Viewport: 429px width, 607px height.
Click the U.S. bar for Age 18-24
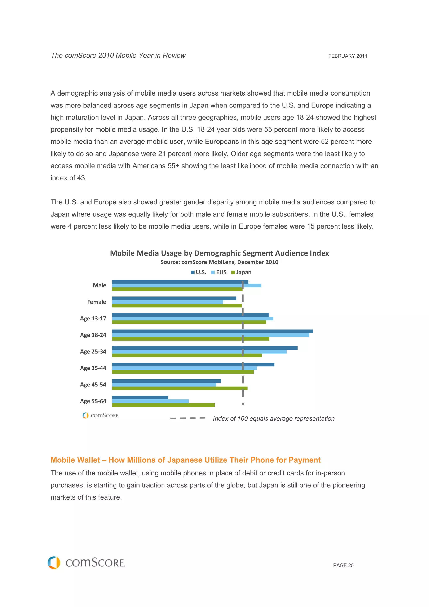(x=212, y=331)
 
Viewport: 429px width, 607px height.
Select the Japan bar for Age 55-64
(x=163, y=405)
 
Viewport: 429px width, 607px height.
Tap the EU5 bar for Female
(x=167, y=302)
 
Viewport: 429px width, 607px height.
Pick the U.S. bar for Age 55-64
(x=140, y=397)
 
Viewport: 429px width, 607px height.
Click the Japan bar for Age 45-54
(x=180, y=388)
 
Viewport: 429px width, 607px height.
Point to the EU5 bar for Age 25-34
(x=199, y=352)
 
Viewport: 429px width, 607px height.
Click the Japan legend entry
(x=241, y=272)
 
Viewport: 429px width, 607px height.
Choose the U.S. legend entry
(x=199, y=272)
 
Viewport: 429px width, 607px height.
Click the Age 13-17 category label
(x=93, y=319)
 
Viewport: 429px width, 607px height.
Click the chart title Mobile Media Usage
(x=219, y=253)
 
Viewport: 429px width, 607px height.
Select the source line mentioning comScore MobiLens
(x=219, y=262)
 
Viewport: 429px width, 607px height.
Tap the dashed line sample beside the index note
(x=188, y=418)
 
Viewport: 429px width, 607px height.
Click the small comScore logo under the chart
(x=101, y=415)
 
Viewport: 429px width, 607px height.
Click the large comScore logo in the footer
(x=87, y=563)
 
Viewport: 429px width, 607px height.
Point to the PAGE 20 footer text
(x=343, y=565)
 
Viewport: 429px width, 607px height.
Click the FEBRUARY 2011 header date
(x=348, y=56)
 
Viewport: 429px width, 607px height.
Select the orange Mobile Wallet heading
(x=186, y=460)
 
